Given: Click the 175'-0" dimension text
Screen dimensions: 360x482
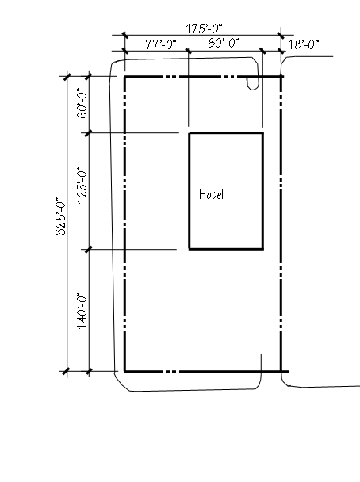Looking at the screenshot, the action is click(204, 29).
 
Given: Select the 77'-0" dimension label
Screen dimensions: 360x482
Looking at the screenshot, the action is click(161, 44).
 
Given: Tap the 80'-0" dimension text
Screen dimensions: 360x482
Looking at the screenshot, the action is click(224, 43).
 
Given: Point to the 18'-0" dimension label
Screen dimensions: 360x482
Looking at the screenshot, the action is click(304, 44).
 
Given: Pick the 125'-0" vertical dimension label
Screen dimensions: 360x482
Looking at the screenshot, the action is click(82, 186).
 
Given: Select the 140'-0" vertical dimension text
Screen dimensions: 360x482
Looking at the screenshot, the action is click(82, 311).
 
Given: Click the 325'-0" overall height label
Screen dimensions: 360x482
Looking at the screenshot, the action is click(60, 216).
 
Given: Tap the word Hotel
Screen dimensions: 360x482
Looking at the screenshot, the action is click(211, 194).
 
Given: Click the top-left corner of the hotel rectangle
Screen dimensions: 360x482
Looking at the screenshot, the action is click(189, 133).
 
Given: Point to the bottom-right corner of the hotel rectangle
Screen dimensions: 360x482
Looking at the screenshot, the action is click(262, 249).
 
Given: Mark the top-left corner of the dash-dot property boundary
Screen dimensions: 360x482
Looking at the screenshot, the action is click(124, 77).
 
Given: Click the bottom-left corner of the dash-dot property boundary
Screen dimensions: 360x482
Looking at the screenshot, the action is click(124, 371).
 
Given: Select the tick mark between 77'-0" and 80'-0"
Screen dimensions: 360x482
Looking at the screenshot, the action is click(189, 51).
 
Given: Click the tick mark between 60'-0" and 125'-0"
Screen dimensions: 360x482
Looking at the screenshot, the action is click(89, 133).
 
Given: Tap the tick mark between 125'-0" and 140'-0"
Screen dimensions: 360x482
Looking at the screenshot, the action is click(89, 249).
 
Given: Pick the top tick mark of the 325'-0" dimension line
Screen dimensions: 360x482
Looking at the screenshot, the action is click(67, 77).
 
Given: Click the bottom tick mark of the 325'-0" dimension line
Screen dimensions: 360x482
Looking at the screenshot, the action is click(67, 371).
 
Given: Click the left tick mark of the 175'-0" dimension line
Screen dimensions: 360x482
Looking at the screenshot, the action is click(124, 35).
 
